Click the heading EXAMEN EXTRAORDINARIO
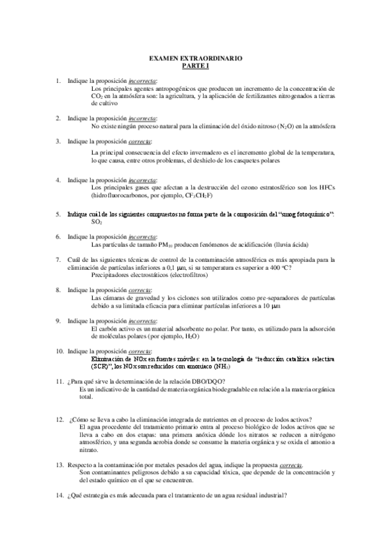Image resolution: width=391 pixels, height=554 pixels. [x=196, y=59]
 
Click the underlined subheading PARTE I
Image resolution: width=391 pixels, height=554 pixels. [x=196, y=66]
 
